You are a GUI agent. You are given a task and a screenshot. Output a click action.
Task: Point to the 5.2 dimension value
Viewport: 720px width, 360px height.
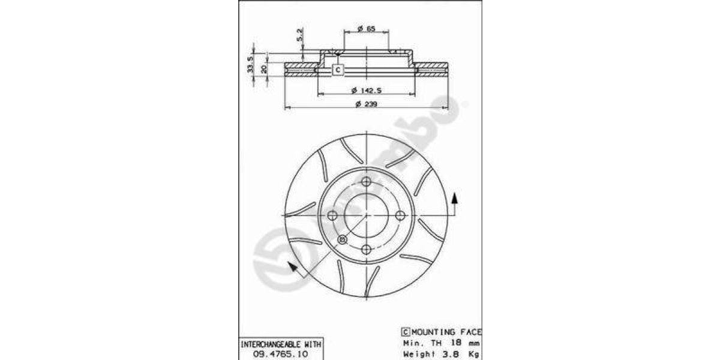pos(299,35)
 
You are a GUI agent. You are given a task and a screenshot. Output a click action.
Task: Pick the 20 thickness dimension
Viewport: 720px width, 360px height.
pos(264,68)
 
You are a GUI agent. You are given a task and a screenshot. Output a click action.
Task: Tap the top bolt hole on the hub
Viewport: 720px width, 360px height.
pos(366,181)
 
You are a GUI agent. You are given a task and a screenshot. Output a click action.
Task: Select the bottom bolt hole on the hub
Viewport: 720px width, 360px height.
pos(366,249)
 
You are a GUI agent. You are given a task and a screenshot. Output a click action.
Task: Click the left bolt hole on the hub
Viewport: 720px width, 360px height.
pos(332,215)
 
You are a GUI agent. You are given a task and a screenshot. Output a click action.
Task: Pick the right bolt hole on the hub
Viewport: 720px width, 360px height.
pos(400,215)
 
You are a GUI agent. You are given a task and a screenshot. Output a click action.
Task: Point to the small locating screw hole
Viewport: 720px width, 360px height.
pos(343,239)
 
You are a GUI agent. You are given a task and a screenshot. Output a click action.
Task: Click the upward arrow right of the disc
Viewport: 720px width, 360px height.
pos(455,198)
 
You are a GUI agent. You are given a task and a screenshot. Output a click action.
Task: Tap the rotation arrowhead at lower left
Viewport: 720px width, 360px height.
pos(292,268)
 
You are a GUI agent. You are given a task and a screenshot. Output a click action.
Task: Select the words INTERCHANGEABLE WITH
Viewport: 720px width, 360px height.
pos(281,344)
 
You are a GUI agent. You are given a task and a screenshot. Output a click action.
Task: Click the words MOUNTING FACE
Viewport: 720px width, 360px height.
pos(446,332)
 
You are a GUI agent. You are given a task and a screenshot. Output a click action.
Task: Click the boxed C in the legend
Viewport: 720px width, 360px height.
pos(405,332)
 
